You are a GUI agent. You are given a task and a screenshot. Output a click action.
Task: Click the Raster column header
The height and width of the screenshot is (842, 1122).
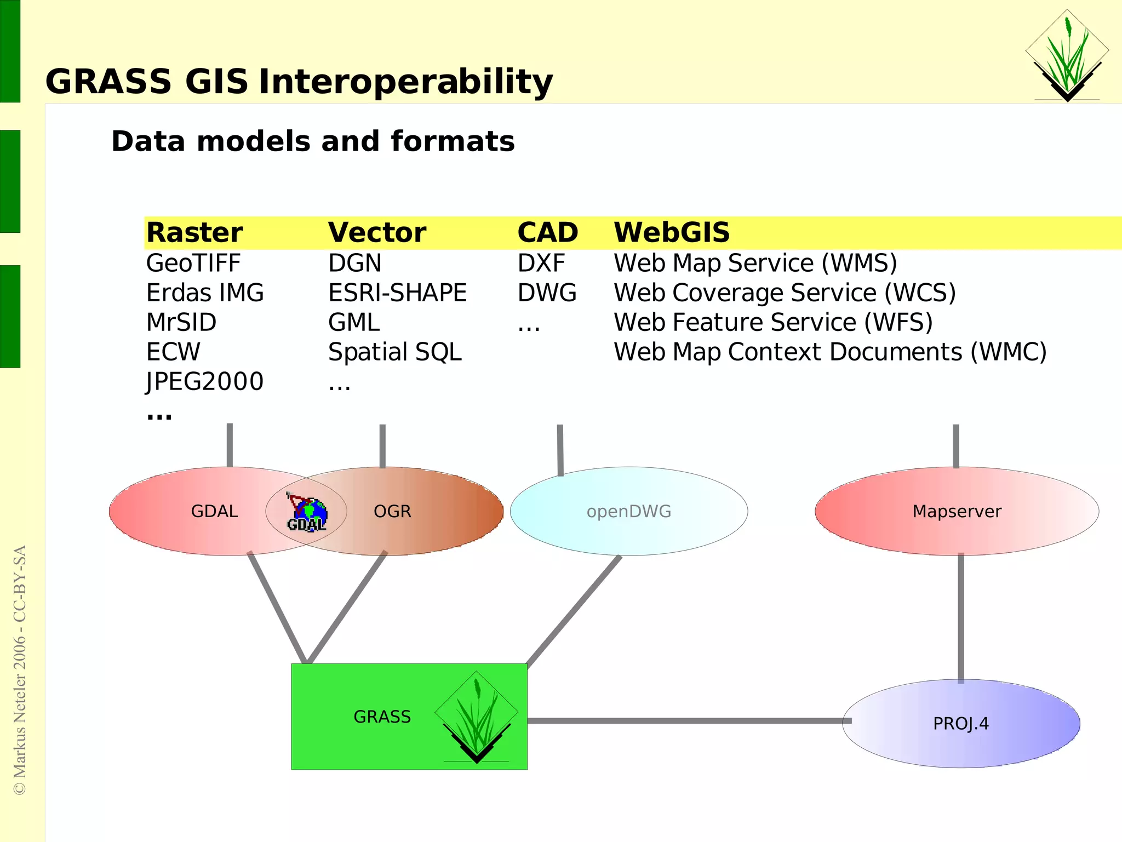coord(194,233)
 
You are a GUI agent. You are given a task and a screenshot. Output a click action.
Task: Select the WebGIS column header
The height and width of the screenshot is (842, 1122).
coord(671,233)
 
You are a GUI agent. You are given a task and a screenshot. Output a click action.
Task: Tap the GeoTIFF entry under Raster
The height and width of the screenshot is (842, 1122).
coord(193,264)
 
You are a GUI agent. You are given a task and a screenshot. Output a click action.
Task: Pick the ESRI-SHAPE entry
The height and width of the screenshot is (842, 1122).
coord(397,293)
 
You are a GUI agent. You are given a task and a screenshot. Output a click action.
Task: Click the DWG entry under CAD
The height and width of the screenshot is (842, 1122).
coord(547,293)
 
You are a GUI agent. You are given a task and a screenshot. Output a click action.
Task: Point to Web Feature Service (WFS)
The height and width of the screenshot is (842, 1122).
coord(772,323)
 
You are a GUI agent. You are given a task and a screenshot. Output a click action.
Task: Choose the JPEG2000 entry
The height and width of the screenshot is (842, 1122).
coord(204,382)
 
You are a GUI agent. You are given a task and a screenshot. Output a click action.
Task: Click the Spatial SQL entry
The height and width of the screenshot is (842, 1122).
coord(394,352)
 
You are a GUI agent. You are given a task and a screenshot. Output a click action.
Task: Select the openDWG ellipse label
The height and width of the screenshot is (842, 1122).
coord(628,512)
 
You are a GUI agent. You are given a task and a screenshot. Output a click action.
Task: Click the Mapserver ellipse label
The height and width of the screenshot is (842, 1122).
coord(957,512)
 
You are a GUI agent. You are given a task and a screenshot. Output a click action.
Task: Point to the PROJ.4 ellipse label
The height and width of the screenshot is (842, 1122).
coord(960,724)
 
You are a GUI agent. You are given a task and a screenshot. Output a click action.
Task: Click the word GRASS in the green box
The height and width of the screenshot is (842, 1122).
coord(382,717)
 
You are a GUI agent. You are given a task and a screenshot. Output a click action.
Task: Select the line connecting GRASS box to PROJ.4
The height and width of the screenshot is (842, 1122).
coord(685,721)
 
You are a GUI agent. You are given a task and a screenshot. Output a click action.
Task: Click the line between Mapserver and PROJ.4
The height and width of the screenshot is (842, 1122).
coord(961,619)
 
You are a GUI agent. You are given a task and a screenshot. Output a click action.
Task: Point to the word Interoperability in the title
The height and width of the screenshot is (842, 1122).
coord(405,82)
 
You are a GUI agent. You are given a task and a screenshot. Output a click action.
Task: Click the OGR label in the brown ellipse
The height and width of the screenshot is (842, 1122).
coord(392,512)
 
